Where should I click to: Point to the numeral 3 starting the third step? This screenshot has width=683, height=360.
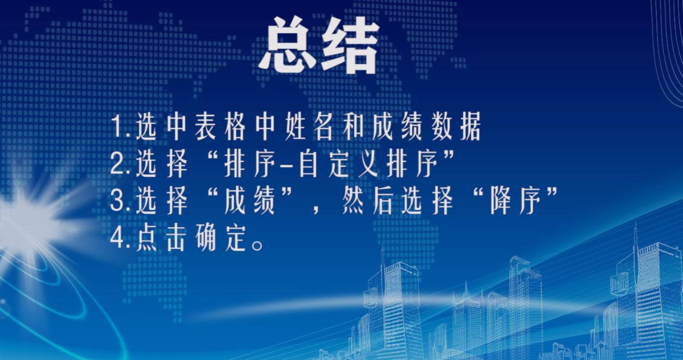click(117, 200)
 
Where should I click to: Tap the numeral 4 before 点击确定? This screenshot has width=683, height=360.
click(117, 240)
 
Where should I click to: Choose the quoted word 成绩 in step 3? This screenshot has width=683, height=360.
click(250, 201)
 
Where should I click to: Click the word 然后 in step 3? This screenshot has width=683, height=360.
click(367, 201)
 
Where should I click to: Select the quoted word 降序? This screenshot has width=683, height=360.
click(515, 201)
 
